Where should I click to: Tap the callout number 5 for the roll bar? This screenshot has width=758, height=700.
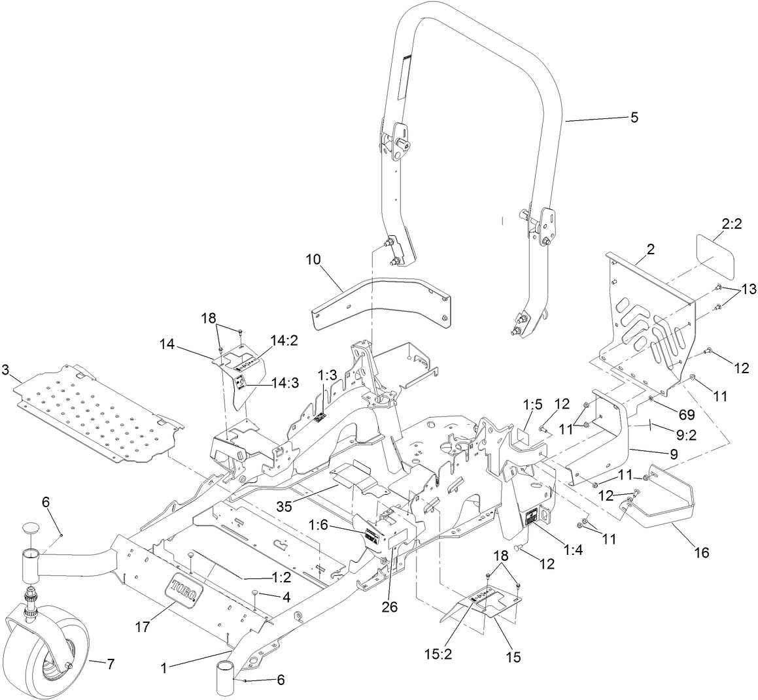point(634,118)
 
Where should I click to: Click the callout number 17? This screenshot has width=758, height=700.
point(142,627)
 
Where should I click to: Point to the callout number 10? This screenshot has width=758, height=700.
point(314,259)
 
